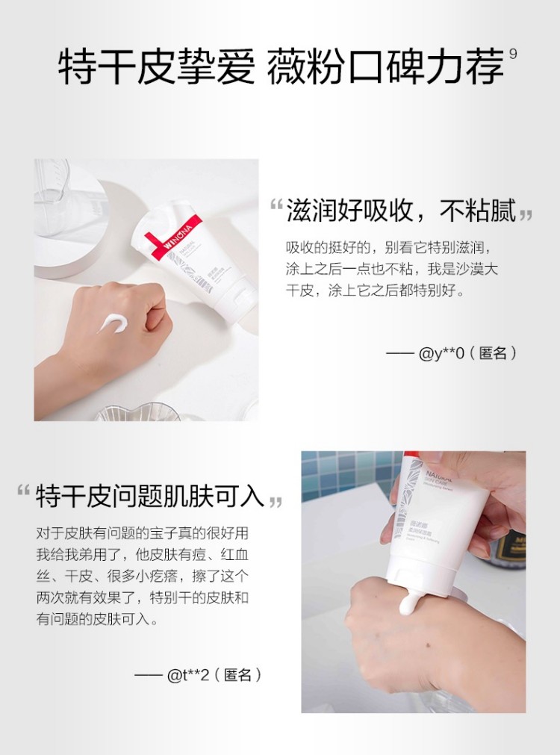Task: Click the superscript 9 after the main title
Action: [512, 54]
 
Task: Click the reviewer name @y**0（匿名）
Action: [467, 353]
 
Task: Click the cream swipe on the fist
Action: [116, 324]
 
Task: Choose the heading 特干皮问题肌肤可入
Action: [150, 494]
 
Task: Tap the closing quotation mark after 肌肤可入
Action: [275, 500]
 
